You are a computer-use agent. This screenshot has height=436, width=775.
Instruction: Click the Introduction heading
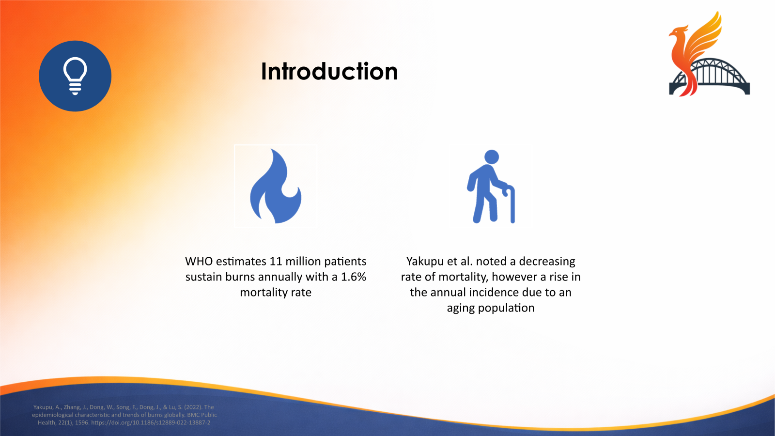pyautogui.click(x=329, y=72)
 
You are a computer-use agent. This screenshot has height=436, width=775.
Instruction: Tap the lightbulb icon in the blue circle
pyautogui.click(x=75, y=76)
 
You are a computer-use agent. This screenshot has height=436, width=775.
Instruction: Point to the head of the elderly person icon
pyautogui.click(x=492, y=157)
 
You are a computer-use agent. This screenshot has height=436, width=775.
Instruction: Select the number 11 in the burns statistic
pyautogui.click(x=276, y=262)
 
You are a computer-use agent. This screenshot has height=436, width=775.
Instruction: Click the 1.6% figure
pyautogui.click(x=353, y=277)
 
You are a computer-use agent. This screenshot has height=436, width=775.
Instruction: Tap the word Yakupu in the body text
pyautogui.click(x=425, y=262)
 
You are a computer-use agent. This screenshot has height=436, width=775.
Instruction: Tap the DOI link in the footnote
pyautogui.click(x=151, y=422)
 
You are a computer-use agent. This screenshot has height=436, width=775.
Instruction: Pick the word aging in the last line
pyautogui.click(x=461, y=308)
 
